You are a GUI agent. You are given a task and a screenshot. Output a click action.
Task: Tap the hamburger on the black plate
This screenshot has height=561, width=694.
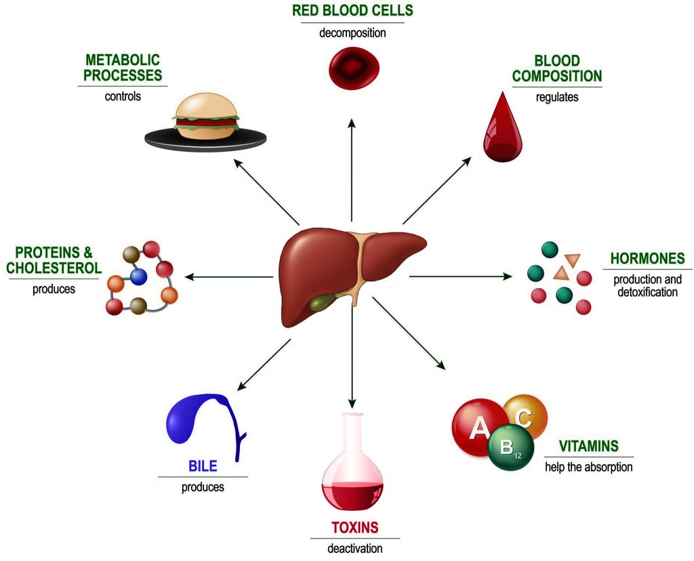pyautogui.click(x=206, y=119)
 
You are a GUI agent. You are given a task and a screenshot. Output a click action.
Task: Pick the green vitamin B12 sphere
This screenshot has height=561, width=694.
pyautogui.click(x=510, y=447)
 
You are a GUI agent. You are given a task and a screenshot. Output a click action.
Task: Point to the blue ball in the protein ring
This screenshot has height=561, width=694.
pyautogui.click(x=140, y=276)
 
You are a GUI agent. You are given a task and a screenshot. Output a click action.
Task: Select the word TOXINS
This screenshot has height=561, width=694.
pyautogui.click(x=354, y=528)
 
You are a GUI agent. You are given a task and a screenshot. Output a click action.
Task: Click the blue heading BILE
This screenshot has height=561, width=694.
pyautogui.click(x=203, y=467)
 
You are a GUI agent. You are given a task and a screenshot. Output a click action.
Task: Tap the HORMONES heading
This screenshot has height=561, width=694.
pyautogui.click(x=647, y=259)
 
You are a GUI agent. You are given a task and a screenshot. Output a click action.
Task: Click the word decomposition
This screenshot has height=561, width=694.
pyautogui.click(x=352, y=33)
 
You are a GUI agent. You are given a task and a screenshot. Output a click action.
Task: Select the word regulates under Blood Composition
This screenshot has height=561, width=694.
pyautogui.click(x=557, y=97)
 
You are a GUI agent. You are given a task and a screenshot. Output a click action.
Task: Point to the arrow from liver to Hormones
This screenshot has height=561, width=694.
pyautogui.click(x=461, y=276)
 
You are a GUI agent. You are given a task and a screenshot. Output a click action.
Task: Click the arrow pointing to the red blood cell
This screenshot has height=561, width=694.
pyautogui.click(x=352, y=169)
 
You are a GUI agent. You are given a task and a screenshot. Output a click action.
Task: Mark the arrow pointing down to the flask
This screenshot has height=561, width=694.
pyautogui.click(x=352, y=359)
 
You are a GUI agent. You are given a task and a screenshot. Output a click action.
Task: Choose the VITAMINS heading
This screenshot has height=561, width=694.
pyautogui.click(x=588, y=446)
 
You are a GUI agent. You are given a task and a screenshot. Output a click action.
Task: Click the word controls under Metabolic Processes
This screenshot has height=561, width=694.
pyautogui.click(x=123, y=96)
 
